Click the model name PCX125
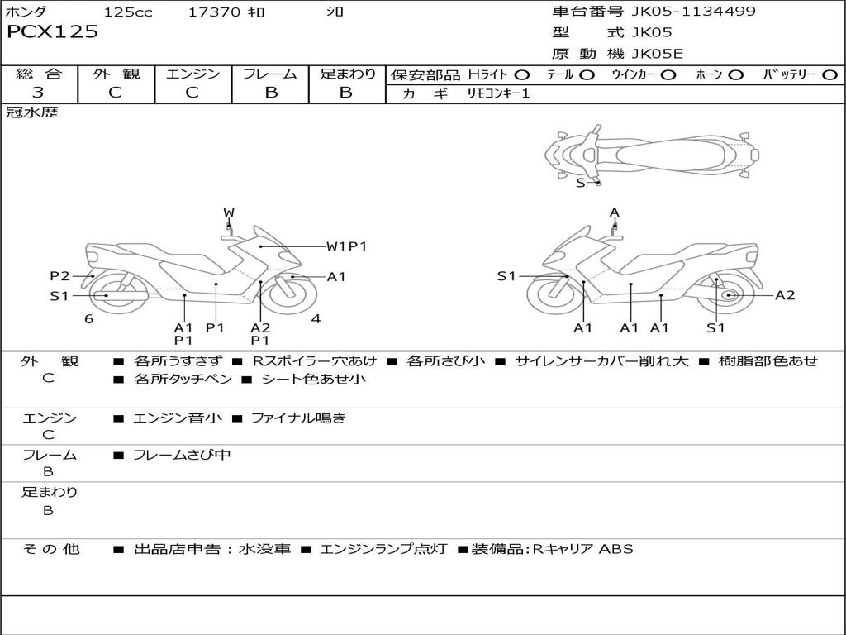(52, 31)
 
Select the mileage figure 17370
(214, 12)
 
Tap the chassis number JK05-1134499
(693, 12)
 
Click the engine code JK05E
(657, 54)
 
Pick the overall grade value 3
(38, 93)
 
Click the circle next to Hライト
(522, 75)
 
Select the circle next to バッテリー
(829, 75)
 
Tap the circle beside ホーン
(735, 75)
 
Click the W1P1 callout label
(346, 246)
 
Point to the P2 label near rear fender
(59, 276)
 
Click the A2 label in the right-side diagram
(785, 295)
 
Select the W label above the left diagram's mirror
(229, 212)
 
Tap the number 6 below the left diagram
(89, 319)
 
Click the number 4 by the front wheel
(316, 319)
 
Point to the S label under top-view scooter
(581, 183)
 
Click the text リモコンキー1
(498, 93)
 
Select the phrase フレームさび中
(182, 456)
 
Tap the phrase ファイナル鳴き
(298, 418)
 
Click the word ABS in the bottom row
(616, 549)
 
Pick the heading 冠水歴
(32, 112)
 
